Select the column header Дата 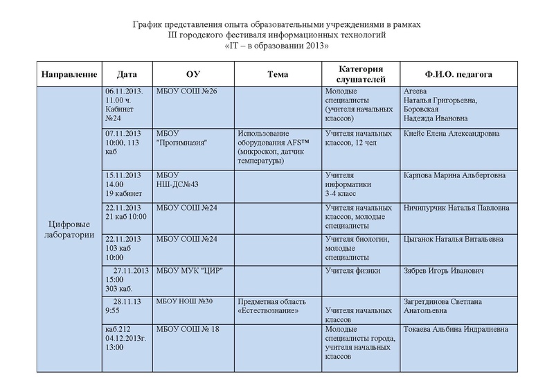pyautogui.click(x=127, y=74)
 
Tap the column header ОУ pyautogui.click(x=193, y=74)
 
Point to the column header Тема pyautogui.click(x=278, y=74)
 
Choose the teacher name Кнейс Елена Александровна pyautogui.click(x=451, y=133)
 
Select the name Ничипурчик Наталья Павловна pyautogui.click(x=454, y=207)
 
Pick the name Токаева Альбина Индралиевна pyautogui.click(x=455, y=329)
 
